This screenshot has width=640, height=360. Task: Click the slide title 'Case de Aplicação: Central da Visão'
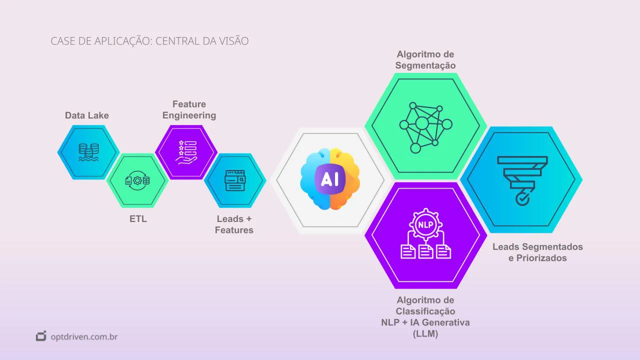coord(149,41)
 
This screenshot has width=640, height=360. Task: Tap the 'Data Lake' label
coord(87,115)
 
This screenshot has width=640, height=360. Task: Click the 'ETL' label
coord(138,218)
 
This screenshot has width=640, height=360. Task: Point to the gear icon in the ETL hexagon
coord(137,180)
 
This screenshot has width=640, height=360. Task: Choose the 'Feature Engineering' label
coord(189,109)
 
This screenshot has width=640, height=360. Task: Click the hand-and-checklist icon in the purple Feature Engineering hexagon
coord(186,151)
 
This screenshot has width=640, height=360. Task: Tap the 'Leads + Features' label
coord(234,224)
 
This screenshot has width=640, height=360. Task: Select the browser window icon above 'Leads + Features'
coord(234,180)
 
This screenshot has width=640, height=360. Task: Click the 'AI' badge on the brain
coord(329,179)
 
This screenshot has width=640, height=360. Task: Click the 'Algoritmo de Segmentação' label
coord(425,59)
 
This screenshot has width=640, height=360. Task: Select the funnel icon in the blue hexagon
coord(522,172)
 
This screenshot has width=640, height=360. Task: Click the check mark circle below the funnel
coord(522,199)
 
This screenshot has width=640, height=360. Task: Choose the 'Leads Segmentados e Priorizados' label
coord(537,252)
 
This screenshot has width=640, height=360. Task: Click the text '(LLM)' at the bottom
coord(425,334)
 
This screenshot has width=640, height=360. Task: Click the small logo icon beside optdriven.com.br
coord(41,336)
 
